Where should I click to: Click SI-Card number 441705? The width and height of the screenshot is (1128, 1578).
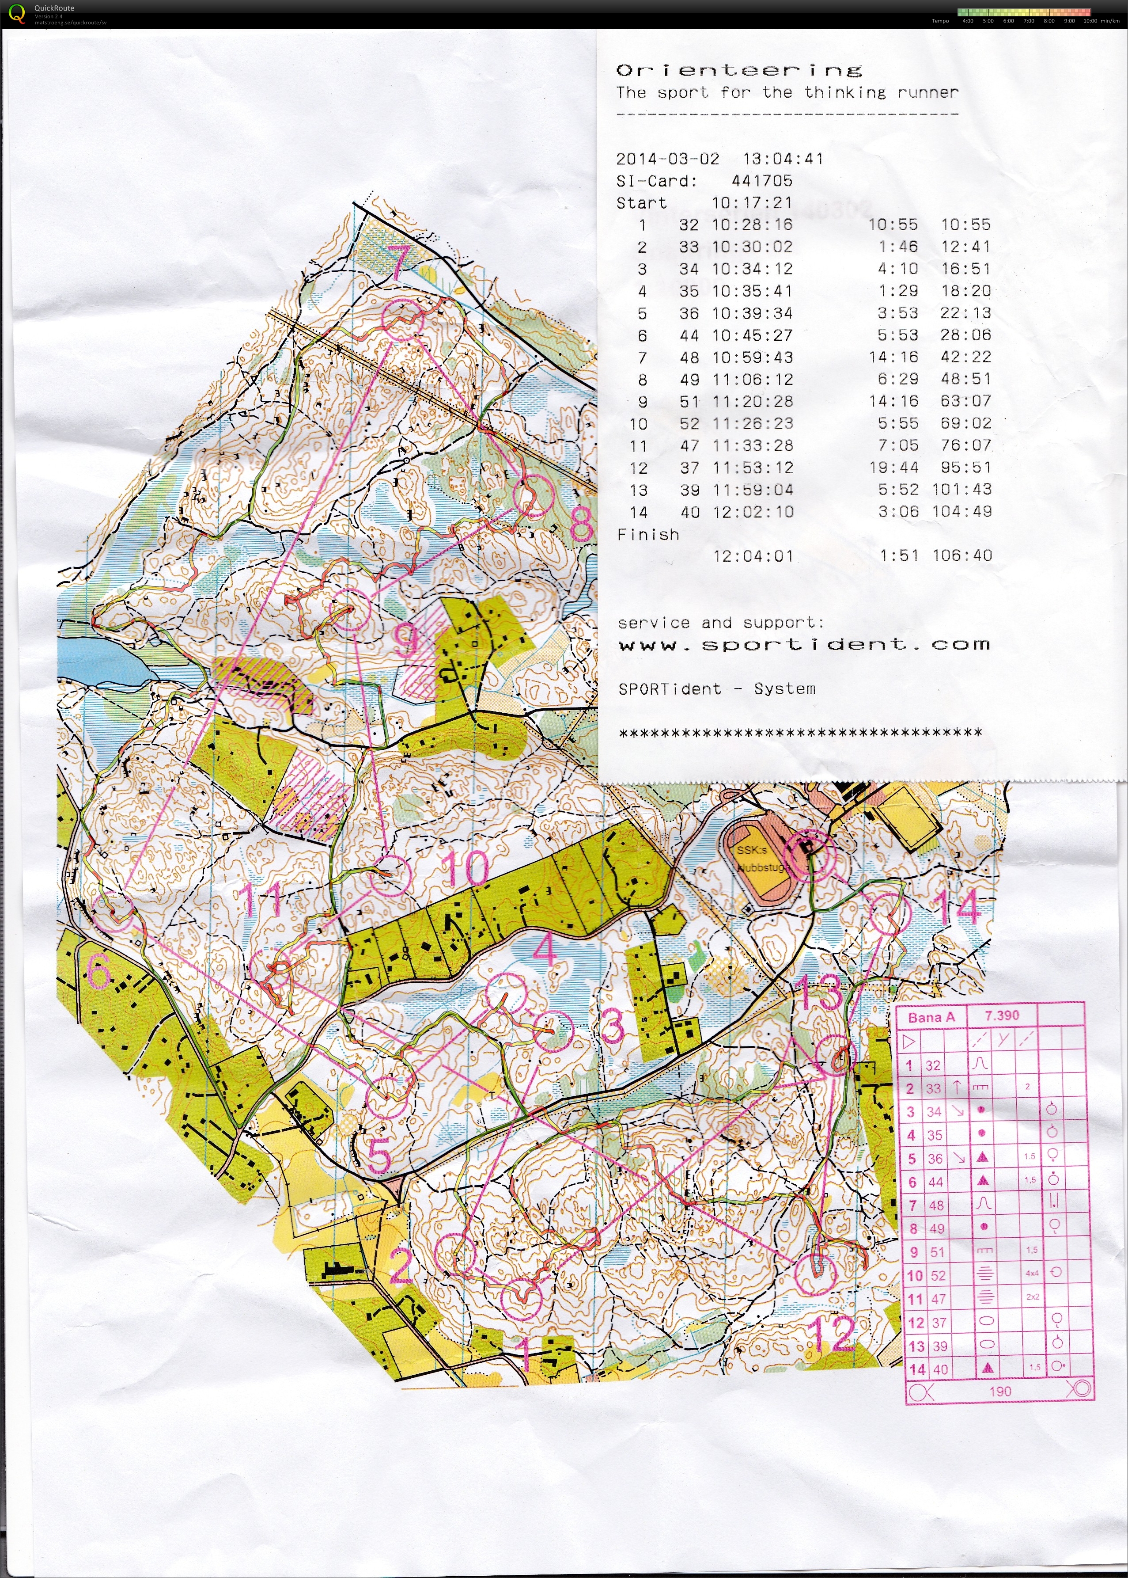[x=762, y=181]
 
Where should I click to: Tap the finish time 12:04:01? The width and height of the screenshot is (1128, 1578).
[x=753, y=556]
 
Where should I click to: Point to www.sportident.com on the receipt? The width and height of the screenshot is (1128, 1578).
[x=804, y=645]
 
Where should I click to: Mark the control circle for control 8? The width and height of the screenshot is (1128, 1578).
[x=534, y=496]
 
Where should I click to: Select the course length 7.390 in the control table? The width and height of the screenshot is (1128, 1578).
[x=1002, y=1016]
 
